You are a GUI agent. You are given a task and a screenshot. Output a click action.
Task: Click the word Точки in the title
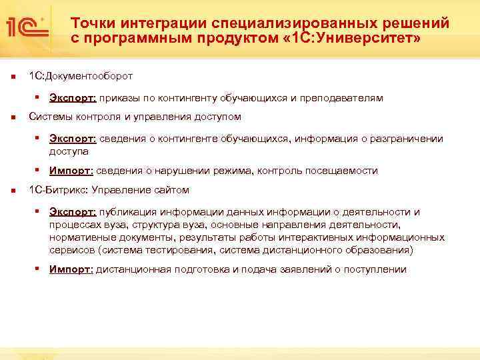click(89, 23)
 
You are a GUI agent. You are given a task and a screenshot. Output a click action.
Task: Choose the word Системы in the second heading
click(51, 117)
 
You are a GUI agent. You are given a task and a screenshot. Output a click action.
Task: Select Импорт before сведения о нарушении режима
click(71, 171)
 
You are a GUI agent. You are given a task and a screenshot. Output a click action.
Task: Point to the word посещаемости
click(344, 171)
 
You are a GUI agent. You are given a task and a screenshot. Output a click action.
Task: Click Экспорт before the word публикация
click(73, 212)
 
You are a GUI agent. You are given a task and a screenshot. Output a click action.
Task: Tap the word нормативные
click(79, 237)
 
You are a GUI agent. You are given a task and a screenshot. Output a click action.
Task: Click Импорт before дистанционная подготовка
click(71, 269)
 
